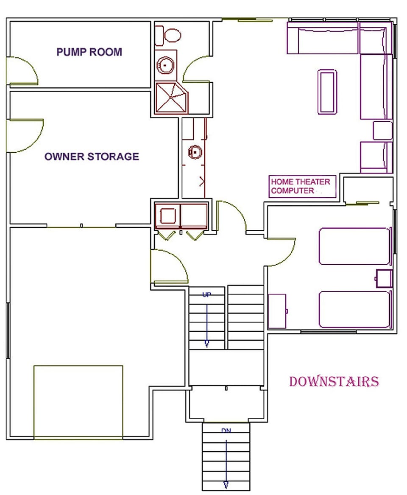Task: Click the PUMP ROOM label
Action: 89,52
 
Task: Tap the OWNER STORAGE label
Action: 92,157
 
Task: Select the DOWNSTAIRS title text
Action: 334,381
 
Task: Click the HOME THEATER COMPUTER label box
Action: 302,186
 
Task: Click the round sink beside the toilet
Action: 164,65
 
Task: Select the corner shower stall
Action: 171,98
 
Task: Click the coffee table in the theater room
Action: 327,91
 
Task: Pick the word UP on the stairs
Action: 206,294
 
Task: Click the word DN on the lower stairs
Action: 226,431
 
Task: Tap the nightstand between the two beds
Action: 384,278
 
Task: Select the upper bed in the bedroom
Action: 354,246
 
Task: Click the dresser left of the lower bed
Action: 278,311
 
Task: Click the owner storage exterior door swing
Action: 25,135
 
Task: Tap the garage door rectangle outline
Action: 78,401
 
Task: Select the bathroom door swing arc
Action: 196,69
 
